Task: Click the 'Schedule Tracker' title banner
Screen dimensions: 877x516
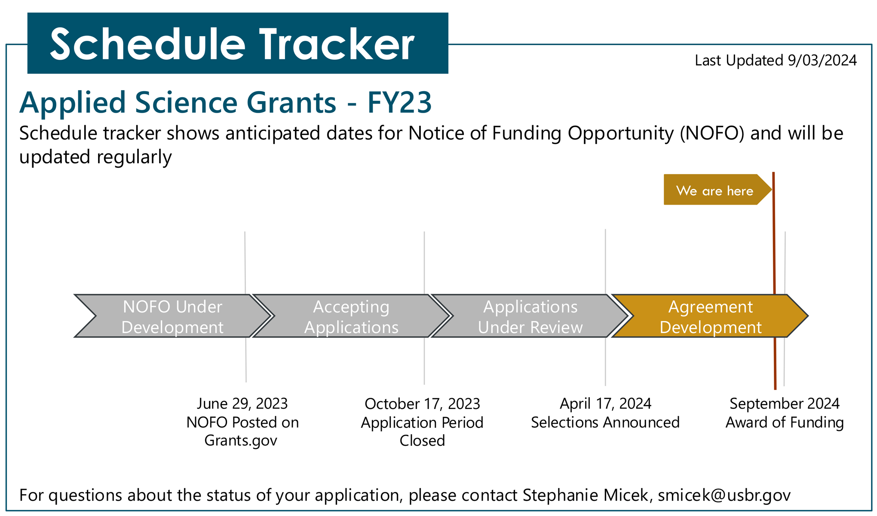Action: (x=238, y=43)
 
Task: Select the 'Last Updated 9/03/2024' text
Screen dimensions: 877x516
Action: (x=776, y=60)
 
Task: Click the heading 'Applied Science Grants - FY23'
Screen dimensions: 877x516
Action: (x=225, y=102)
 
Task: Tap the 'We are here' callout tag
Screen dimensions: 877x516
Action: (x=717, y=190)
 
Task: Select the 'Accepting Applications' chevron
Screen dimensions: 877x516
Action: (x=351, y=316)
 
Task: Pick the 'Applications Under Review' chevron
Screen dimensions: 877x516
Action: (x=530, y=316)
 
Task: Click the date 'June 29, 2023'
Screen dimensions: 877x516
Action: (x=242, y=404)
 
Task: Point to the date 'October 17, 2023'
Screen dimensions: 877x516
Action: (x=422, y=404)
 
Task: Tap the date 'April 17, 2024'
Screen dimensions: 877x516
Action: (x=605, y=404)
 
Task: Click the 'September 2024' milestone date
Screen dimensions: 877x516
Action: (x=785, y=404)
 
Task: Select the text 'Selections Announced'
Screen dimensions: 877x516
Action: (x=605, y=422)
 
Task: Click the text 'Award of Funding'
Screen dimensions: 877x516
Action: (x=785, y=422)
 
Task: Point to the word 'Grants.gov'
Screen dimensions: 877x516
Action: (x=241, y=441)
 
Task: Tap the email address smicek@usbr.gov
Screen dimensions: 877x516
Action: (x=724, y=495)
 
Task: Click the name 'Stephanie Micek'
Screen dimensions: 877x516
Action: (x=585, y=495)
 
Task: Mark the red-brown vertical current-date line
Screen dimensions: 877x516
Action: (x=774, y=281)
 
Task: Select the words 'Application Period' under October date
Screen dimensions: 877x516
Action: (x=422, y=423)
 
